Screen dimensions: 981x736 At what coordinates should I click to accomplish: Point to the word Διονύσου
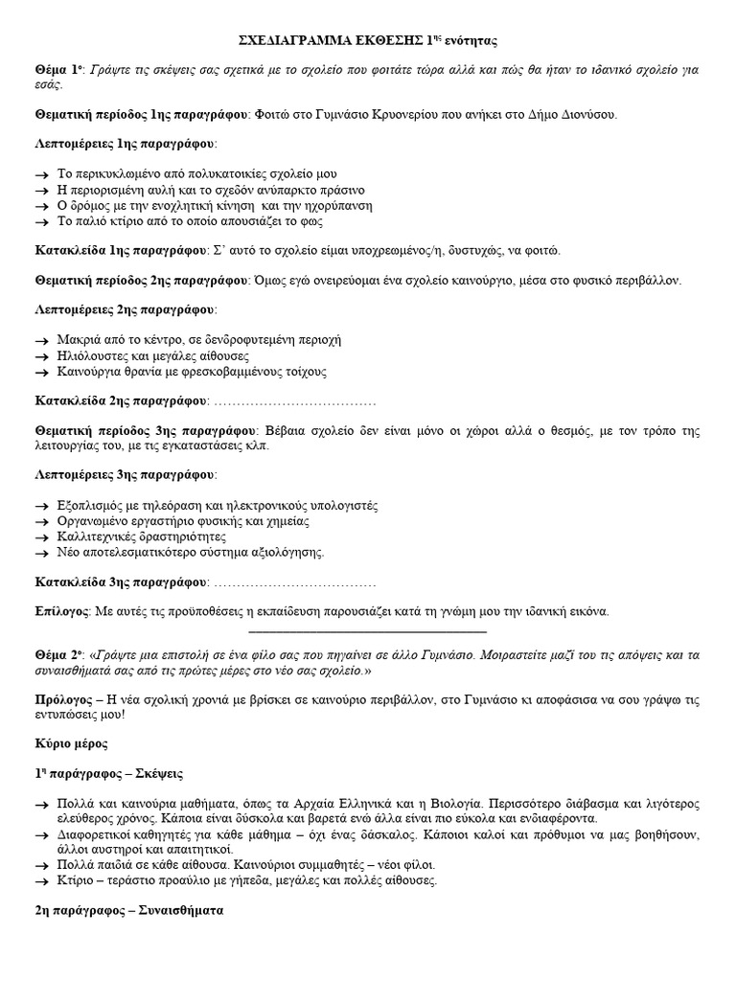589,114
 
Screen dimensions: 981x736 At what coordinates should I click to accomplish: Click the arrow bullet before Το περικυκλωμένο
41,174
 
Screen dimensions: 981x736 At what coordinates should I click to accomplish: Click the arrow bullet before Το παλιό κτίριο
41,220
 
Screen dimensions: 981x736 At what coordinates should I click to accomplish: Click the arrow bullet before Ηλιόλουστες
41,355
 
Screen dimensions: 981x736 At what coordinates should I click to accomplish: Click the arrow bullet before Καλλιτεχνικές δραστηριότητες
41,536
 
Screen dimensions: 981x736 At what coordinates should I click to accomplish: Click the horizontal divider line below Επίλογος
367,631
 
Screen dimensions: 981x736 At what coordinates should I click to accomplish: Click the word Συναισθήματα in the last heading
176,911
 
